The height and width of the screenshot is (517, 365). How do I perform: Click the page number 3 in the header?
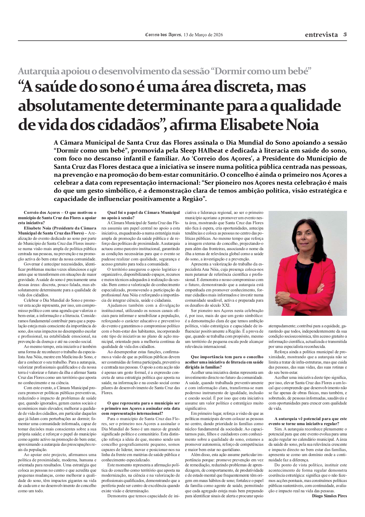click(x=345, y=34)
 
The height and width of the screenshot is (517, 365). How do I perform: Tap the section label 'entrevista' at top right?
click(x=321, y=35)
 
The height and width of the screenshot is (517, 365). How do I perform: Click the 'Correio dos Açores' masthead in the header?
click(x=163, y=35)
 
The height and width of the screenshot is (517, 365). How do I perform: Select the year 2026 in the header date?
click(x=218, y=35)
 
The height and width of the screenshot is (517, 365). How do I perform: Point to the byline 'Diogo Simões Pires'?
click(x=329, y=496)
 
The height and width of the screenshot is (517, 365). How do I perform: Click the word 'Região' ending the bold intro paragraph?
click(x=193, y=199)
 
